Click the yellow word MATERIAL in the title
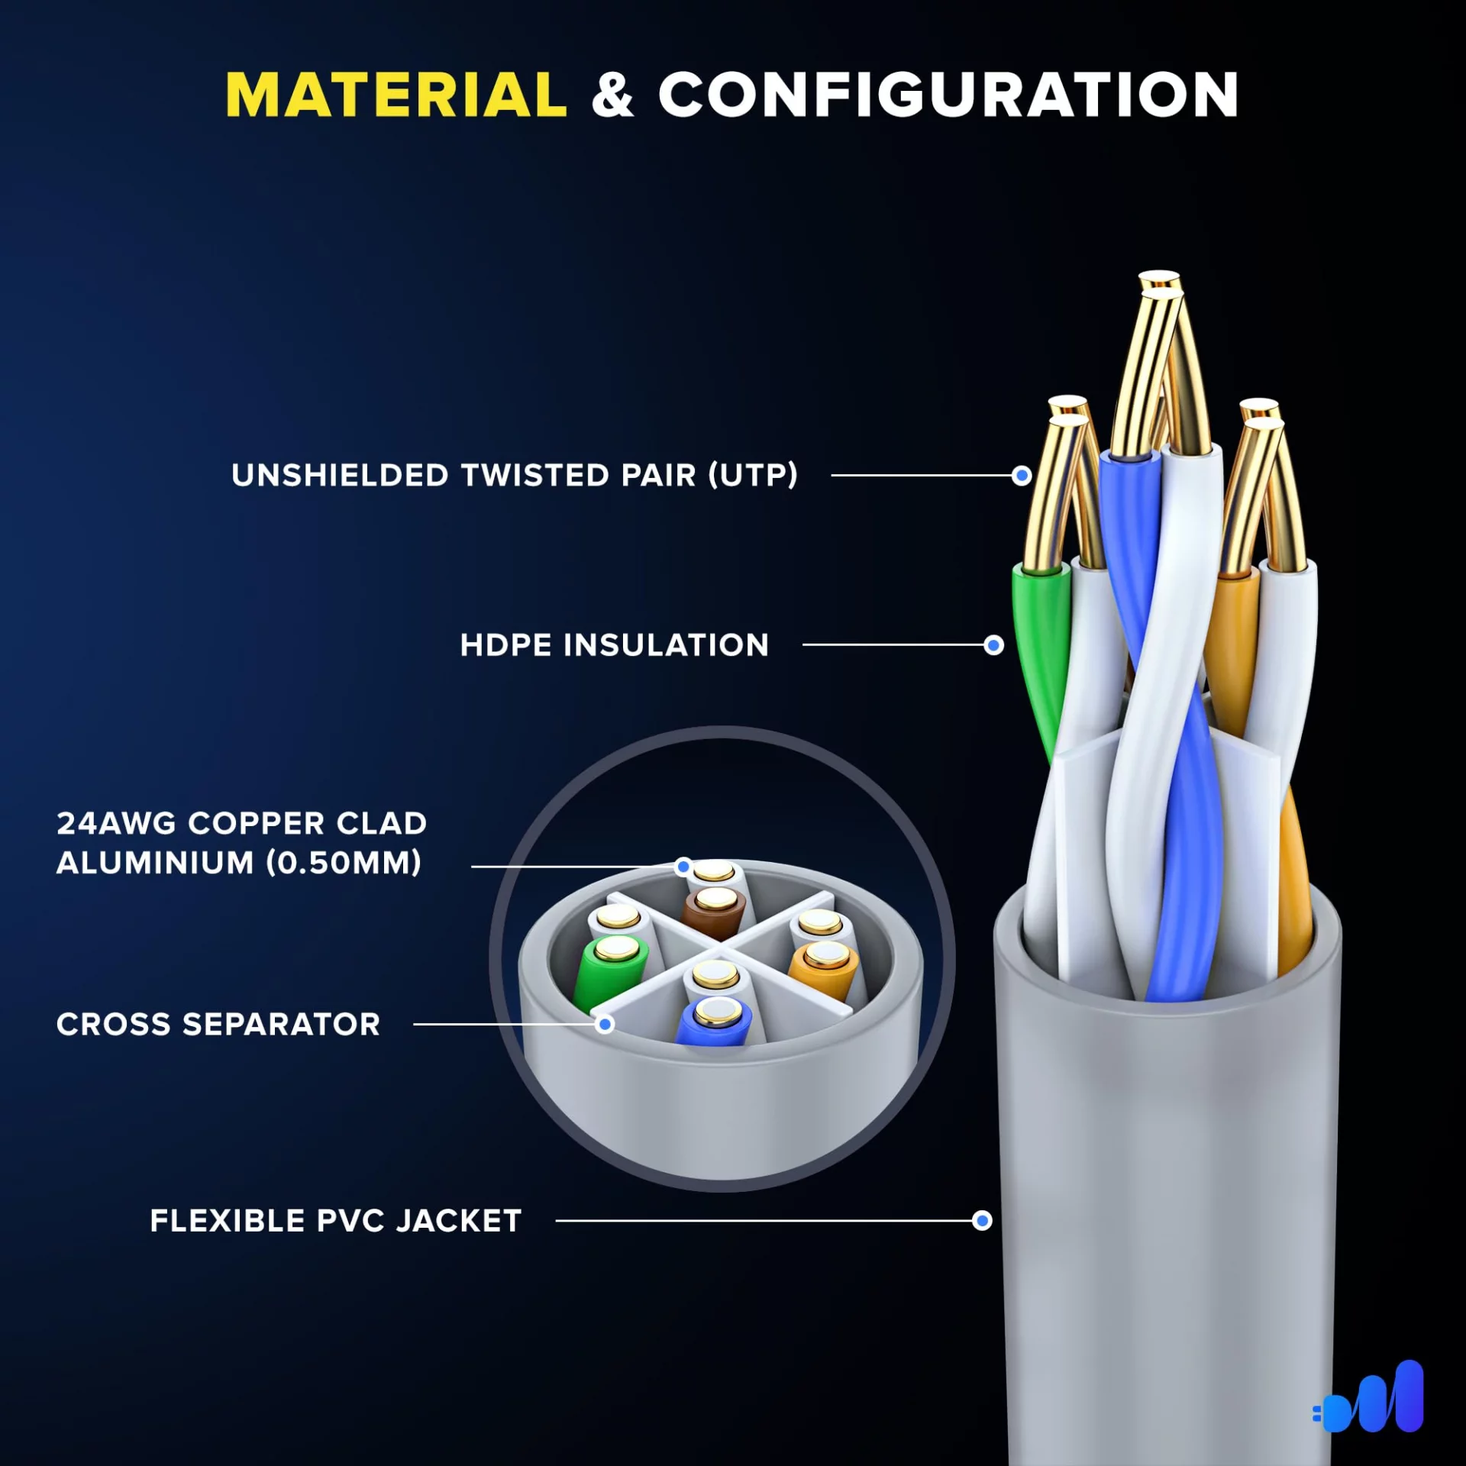pos(396,95)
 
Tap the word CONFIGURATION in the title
pos(948,95)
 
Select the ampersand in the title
pos(612,95)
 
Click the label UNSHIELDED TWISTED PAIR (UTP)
pos(515,475)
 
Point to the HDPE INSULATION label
pos(614,645)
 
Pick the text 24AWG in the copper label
pos(116,823)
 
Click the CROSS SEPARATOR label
pos(218,1024)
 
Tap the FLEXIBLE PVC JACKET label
pos(336,1220)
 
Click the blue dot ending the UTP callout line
pos(1022,476)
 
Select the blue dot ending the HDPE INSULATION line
pos(993,645)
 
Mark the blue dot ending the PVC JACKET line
pos(982,1220)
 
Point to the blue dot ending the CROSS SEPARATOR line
pos(605,1024)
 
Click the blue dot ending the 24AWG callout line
pos(683,866)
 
